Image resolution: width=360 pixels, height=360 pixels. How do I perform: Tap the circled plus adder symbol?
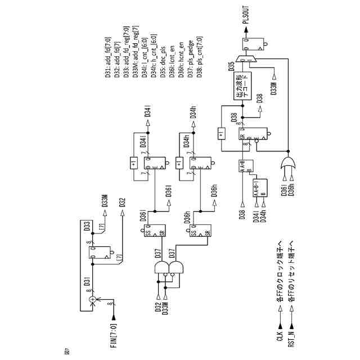click(x=92, y=300)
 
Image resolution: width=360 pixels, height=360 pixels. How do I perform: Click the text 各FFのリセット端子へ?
click(x=291, y=274)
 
